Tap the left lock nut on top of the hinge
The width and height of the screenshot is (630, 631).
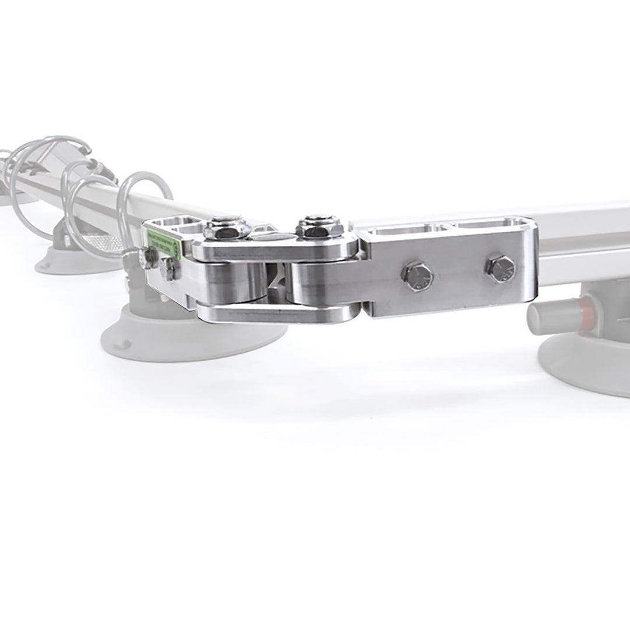pos(223,228)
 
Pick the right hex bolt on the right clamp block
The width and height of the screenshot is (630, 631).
pos(501,269)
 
